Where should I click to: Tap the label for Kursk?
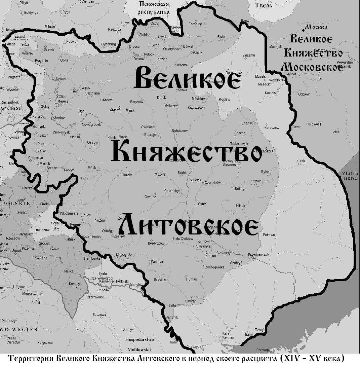pyautogui.click(x=301, y=161)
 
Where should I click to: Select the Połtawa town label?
pyautogui.click(x=269, y=235)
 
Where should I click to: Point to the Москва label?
pyautogui.click(x=316, y=27)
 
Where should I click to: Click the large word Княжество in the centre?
pyautogui.click(x=186, y=152)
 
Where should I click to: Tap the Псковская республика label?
pyautogui.click(x=154, y=8)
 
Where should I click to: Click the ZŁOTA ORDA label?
pyautogui.click(x=350, y=176)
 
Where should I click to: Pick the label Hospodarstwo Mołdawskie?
pyautogui.click(x=139, y=344)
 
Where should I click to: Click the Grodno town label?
pyautogui.click(x=59, y=118)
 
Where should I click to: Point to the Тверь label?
pyautogui.click(x=264, y=6)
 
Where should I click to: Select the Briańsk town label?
pyautogui.click(x=247, y=123)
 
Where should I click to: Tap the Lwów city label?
pyautogui.click(x=54, y=249)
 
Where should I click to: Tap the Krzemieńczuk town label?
pyautogui.click(x=258, y=254)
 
